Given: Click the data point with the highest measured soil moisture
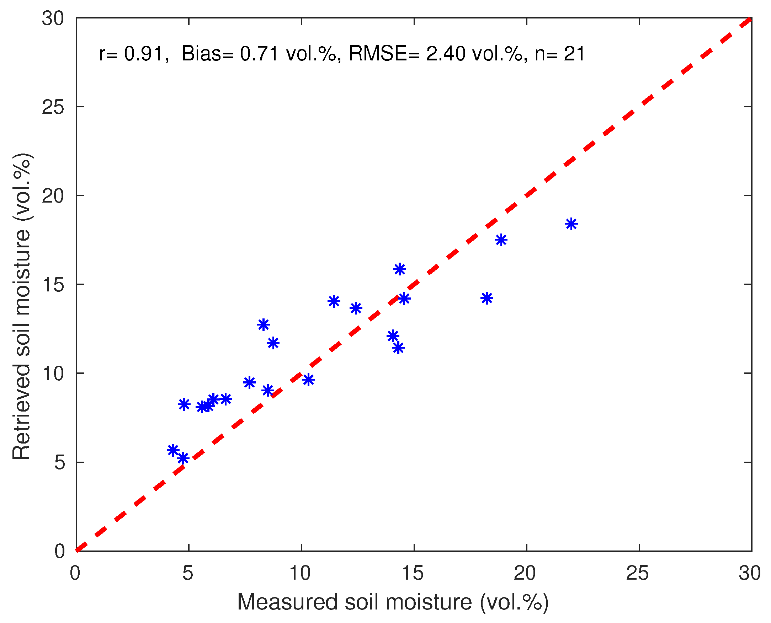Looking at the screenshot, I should (x=571, y=224).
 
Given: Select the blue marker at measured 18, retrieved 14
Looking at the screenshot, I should (x=486, y=298).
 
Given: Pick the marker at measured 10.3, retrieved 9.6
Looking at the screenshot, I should (x=308, y=380).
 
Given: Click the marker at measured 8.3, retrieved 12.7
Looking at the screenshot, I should (x=264, y=325).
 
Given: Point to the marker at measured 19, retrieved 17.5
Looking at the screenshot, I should (x=501, y=240).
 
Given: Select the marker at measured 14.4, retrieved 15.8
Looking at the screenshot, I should (x=400, y=269).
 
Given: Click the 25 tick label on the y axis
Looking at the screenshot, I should (x=53, y=107).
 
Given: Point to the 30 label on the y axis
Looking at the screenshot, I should (x=53, y=18).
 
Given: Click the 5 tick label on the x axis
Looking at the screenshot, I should (x=187, y=573).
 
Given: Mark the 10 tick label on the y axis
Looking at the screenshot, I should (x=53, y=374).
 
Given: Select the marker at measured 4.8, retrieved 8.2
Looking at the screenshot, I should (x=184, y=404).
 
